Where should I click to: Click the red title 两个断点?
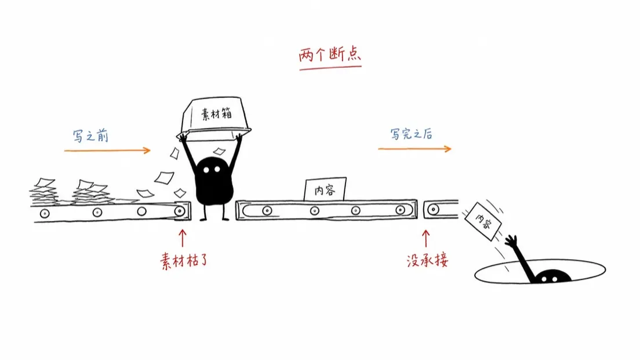[330, 54]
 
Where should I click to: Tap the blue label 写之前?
[90, 136]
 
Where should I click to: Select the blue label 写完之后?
[411, 134]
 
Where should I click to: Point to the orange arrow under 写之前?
[107, 151]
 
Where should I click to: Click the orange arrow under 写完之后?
[414, 149]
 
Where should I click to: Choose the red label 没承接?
[427, 260]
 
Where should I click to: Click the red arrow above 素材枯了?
[183, 238]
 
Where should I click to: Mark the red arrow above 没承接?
[426, 238]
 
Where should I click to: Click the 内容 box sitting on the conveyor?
[325, 189]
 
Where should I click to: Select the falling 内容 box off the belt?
[483, 221]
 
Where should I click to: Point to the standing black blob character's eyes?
[212, 169]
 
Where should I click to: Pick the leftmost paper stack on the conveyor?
[43, 191]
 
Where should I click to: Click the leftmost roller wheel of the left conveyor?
[45, 213]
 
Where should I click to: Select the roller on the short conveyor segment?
[433, 210]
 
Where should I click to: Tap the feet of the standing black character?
[214, 219]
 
